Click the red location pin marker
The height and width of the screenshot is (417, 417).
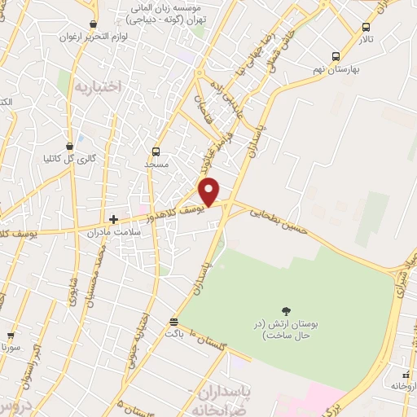coord(210,191)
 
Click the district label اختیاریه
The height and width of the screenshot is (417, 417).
coord(97,86)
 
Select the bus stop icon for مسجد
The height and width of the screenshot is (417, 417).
coord(156,151)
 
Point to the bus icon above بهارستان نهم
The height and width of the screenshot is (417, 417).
coord(336,56)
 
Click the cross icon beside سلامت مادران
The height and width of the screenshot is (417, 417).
coord(114,219)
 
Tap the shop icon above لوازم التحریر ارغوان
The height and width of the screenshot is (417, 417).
coord(94,24)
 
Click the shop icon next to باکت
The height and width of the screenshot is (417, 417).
coord(173,322)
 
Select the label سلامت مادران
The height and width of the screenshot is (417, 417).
coord(114,232)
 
